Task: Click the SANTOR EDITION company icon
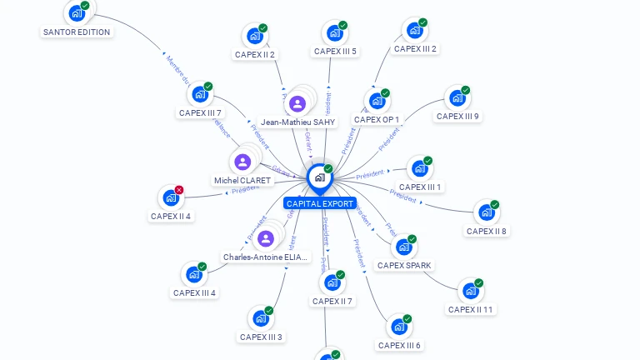77,13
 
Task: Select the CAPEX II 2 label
254,55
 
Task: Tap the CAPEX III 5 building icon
335,33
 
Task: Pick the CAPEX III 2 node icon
414,31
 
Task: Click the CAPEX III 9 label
457,117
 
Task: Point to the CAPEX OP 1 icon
377,102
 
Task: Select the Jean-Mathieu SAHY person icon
297,103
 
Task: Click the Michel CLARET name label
242,181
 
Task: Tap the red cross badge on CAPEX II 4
179,190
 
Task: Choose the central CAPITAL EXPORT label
320,203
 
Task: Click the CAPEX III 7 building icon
200,95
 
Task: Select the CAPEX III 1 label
420,187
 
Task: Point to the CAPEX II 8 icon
486,212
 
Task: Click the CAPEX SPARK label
404,266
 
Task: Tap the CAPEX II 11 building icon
470,291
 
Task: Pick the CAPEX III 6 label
399,346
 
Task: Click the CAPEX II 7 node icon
332,282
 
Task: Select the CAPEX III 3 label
261,337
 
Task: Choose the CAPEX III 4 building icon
193,274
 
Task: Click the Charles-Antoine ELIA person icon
266,239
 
